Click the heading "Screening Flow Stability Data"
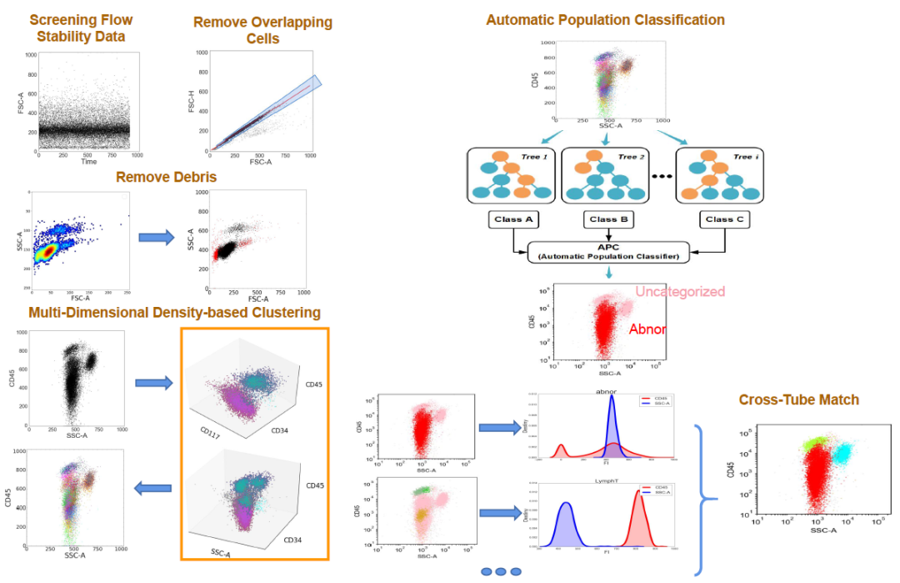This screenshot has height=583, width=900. coord(81,28)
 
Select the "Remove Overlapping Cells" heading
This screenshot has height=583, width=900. coord(262,30)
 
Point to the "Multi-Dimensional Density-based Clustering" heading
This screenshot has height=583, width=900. coord(174,313)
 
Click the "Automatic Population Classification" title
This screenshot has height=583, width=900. coord(605,19)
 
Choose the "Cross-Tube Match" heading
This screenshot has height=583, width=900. coord(798,400)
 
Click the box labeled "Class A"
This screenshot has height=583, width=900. coord(512,220)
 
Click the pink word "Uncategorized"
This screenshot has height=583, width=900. coord(679,292)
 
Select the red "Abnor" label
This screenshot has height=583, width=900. coord(647,329)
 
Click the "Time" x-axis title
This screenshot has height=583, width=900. coord(88,161)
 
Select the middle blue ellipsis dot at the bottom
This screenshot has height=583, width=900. coord(502,571)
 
